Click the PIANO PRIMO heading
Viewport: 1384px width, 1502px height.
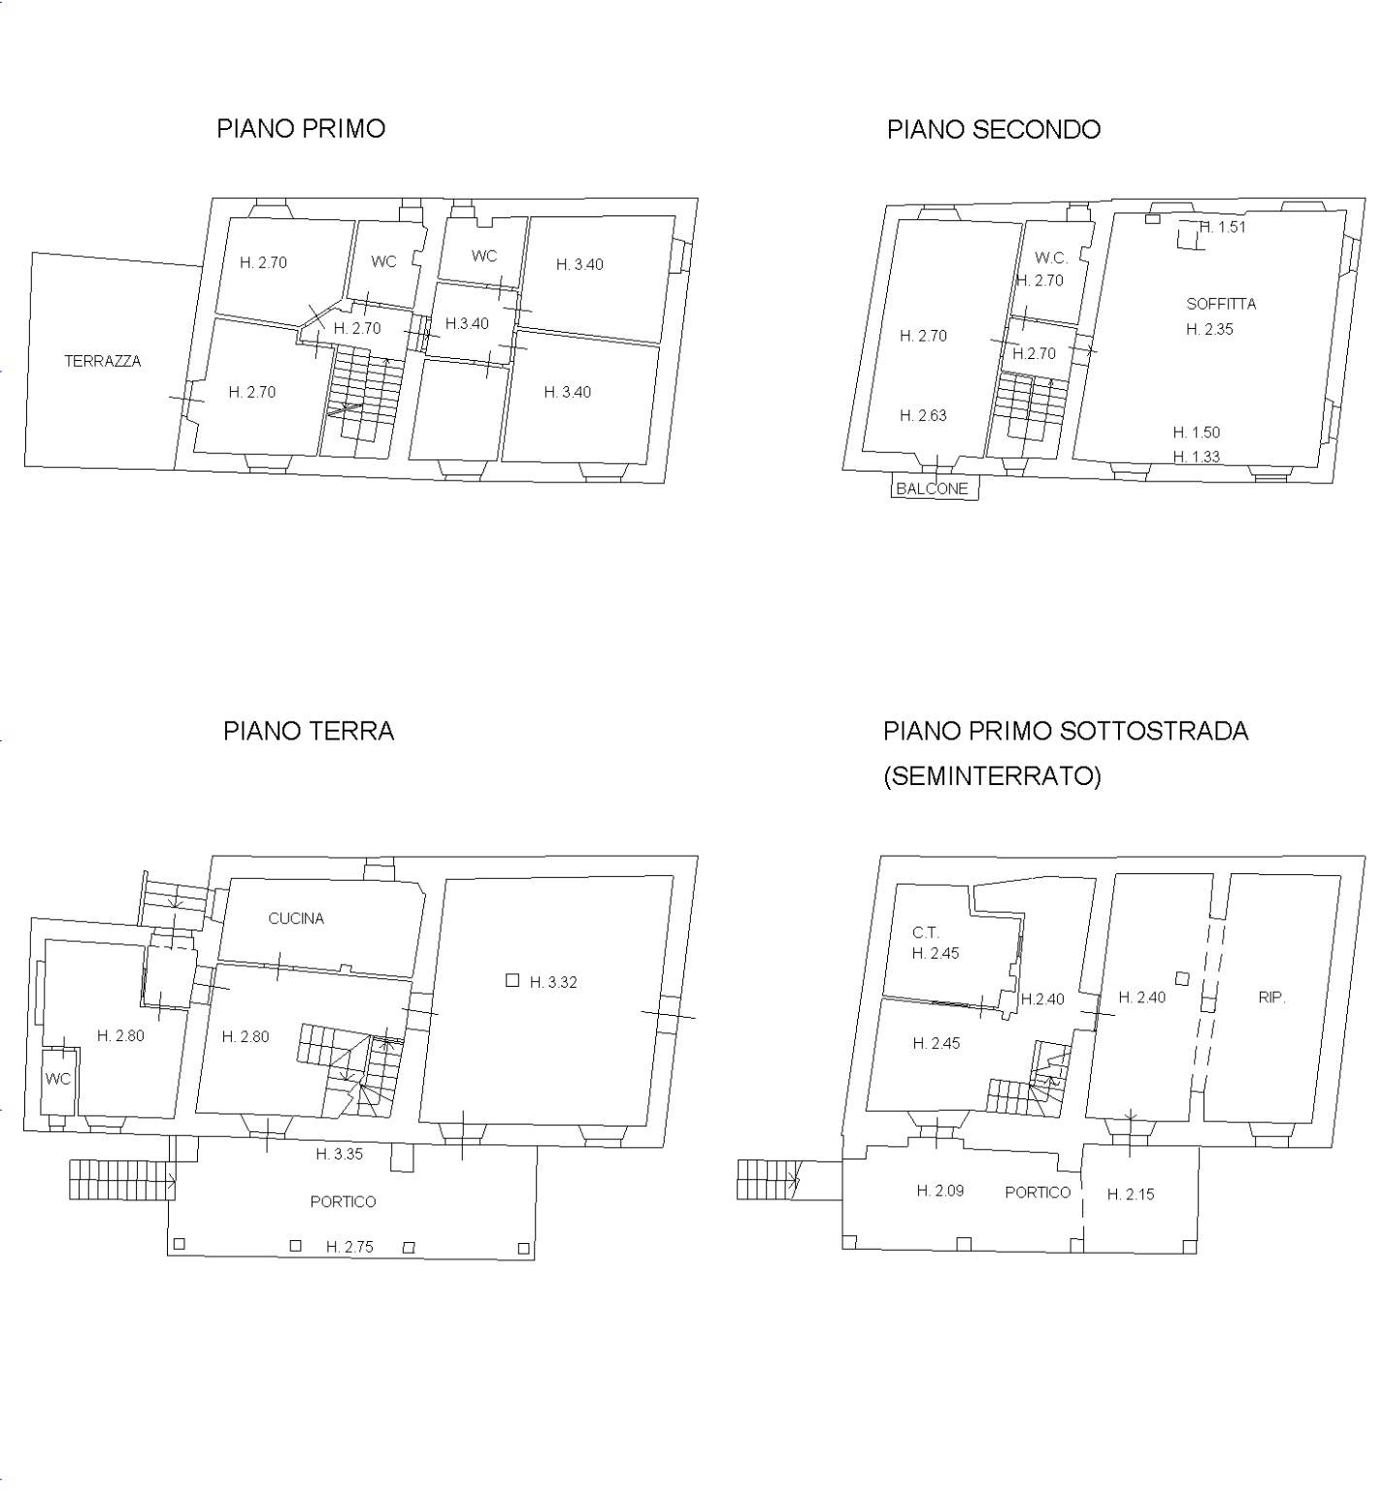[301, 129]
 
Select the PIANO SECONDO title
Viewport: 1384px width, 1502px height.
[994, 130]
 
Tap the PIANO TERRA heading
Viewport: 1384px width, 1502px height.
[309, 731]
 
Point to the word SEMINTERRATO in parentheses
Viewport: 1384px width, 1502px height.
[992, 776]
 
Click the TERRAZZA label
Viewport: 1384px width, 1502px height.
[103, 361]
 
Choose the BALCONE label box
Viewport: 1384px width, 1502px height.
[933, 488]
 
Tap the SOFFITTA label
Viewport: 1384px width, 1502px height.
[1221, 304]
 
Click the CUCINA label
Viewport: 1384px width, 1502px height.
[296, 918]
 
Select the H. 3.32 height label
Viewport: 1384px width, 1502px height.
[553, 982]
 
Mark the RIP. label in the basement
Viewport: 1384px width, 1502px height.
[1271, 996]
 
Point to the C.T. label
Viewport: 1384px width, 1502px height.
[926, 932]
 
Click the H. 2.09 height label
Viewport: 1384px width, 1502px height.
[940, 1191]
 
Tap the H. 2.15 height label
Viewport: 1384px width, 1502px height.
[1131, 1194]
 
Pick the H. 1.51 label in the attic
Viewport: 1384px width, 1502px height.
[1223, 227]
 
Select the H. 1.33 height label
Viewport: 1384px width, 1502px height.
[1197, 457]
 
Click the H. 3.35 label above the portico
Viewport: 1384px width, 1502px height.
[340, 1154]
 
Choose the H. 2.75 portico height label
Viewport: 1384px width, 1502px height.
[349, 1247]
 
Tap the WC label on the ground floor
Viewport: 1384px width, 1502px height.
[58, 1079]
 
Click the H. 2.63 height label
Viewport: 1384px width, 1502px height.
[923, 415]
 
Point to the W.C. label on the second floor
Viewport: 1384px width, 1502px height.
[1051, 258]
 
